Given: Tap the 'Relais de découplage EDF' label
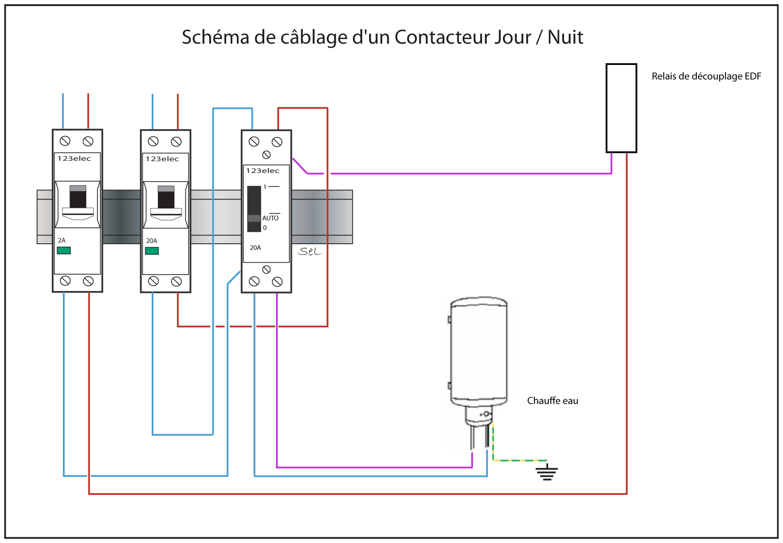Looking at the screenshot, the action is (x=706, y=76).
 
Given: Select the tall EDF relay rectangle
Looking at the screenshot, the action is (x=621, y=108).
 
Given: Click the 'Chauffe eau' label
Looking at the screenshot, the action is (x=552, y=401).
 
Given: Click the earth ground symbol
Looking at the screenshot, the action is (x=547, y=472).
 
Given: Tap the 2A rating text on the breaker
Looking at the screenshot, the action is (x=62, y=240).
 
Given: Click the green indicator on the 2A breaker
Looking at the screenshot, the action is (x=64, y=250).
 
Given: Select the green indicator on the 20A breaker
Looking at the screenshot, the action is (x=152, y=251).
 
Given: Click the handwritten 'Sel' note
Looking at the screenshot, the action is (x=310, y=251).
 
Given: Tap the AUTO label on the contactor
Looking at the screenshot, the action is (x=270, y=218).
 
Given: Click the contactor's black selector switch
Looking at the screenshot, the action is (x=254, y=209).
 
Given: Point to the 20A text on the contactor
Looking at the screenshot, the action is (x=255, y=248).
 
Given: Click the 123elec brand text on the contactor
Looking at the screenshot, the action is (x=263, y=171).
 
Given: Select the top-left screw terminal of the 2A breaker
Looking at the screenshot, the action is (x=65, y=141).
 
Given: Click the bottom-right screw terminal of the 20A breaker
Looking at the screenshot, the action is (x=176, y=281).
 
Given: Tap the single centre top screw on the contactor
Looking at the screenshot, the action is (x=266, y=155).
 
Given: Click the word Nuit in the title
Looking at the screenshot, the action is (x=565, y=37).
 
